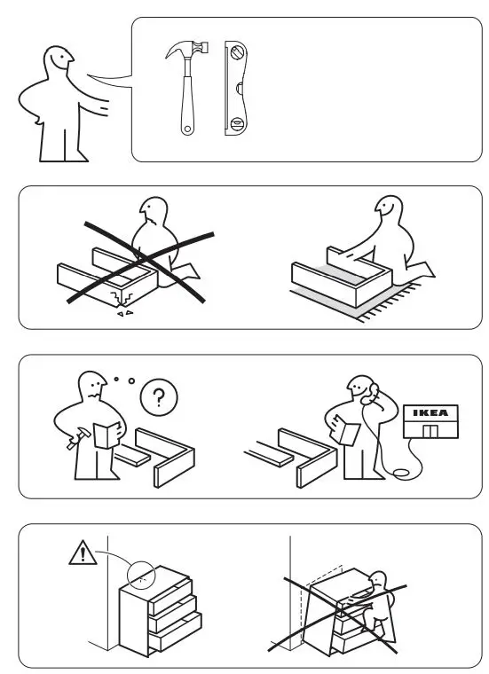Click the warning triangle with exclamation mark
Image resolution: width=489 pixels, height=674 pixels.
click(82, 555)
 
